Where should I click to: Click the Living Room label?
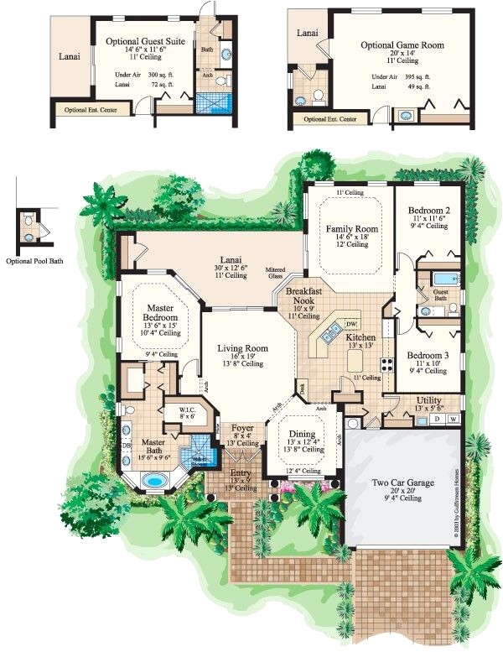point(242,348)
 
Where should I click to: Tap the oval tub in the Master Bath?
point(154,482)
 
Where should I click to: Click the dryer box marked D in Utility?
point(436,418)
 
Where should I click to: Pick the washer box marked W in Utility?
point(453,418)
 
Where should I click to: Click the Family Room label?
point(351,229)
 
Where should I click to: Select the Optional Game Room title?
point(402,44)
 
